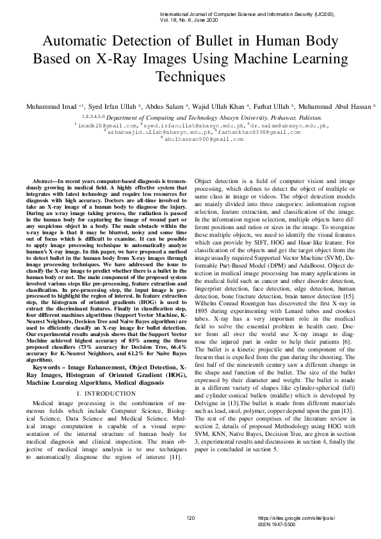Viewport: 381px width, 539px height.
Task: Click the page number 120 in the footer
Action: click(190, 517)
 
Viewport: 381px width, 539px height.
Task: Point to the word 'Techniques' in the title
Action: click(190, 77)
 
